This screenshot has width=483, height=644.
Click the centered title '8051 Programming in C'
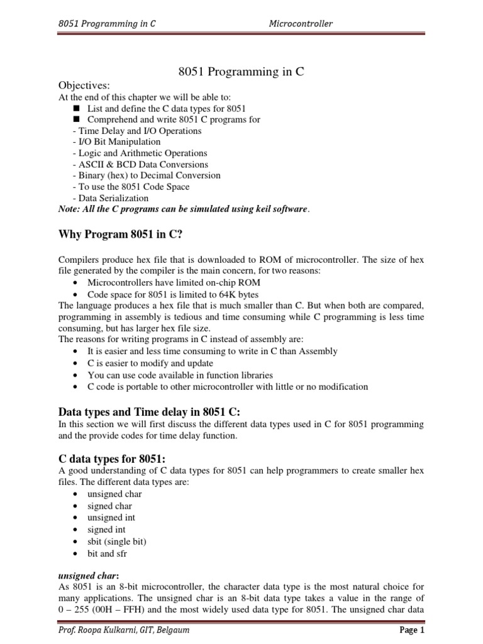click(x=241, y=72)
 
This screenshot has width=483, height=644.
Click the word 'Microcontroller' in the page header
click(x=301, y=24)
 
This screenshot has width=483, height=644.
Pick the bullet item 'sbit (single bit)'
click(x=118, y=541)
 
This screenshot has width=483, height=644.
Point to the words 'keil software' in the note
click(x=281, y=209)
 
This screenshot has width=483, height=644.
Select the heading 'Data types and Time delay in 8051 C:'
click(x=150, y=412)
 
